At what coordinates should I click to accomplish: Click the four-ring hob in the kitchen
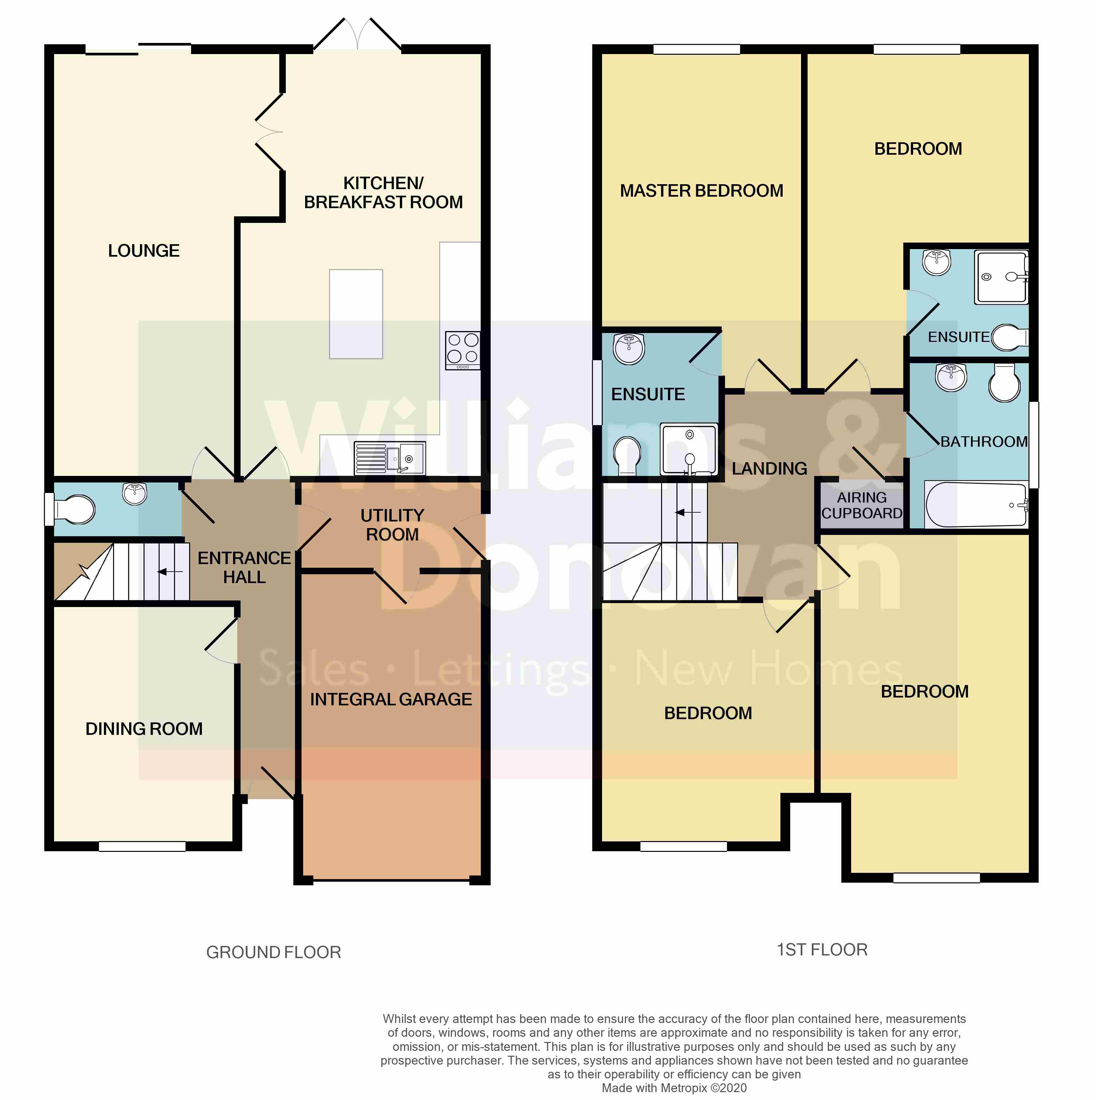463,350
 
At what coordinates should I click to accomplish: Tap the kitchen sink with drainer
389,458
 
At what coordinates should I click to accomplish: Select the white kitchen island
356,314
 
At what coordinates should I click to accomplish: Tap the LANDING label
769,469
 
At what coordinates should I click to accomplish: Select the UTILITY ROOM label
392,524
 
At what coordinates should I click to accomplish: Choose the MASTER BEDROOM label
701,191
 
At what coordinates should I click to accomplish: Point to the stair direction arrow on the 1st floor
688,512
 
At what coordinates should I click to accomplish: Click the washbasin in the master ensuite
629,348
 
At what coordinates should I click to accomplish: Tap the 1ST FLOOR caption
822,950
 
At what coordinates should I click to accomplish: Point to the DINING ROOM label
144,729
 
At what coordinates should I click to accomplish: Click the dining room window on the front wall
142,847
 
